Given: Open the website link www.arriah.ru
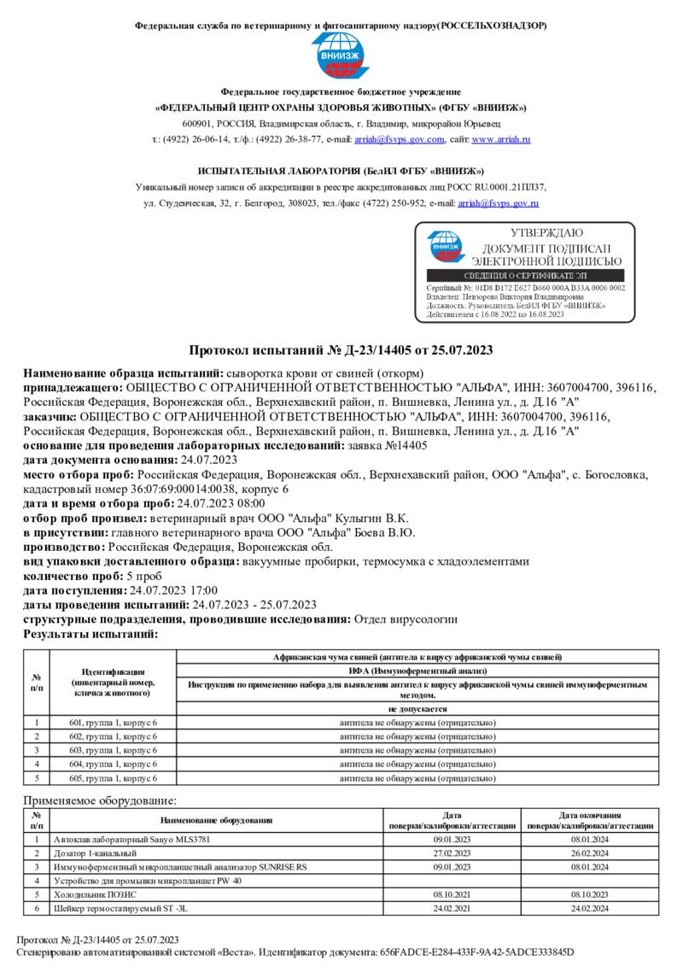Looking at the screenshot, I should click(x=501, y=139).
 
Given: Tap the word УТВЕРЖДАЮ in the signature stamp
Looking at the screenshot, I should click(x=546, y=232).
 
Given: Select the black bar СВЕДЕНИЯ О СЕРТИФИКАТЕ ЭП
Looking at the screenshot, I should click(x=525, y=275).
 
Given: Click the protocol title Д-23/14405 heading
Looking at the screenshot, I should click(x=341, y=350).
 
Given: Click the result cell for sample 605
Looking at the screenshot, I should click(x=417, y=778).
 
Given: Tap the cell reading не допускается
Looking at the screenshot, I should click(x=417, y=709).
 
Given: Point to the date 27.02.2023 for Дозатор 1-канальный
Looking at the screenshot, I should click(x=452, y=853).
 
